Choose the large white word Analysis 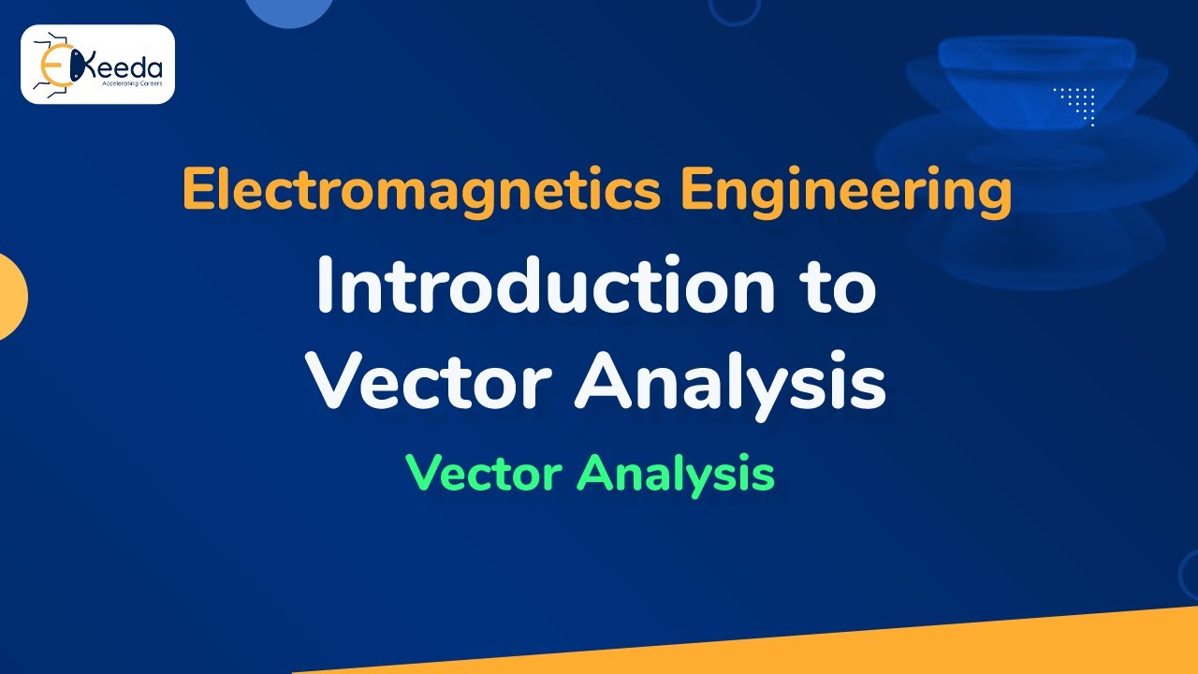(x=730, y=384)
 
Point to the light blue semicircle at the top (x=289, y=11)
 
